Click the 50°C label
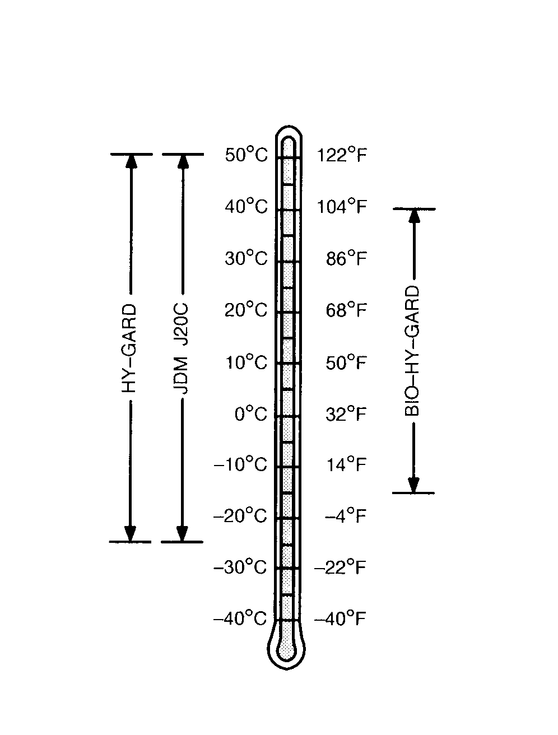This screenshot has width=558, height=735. [246, 155]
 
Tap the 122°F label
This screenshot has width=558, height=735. [342, 155]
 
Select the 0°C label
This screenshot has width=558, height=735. [250, 415]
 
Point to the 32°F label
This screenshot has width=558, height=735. [346, 415]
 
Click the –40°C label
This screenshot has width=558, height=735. [240, 619]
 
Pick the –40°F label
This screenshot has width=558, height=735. [340, 619]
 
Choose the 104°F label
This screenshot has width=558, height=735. [342, 207]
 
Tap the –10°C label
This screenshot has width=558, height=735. [240, 465]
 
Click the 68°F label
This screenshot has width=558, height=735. [346, 310]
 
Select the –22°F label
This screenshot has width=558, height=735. [340, 568]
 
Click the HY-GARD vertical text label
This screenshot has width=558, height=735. [129, 348]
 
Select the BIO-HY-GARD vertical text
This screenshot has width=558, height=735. [413, 351]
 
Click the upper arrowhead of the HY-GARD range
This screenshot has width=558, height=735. [131, 161]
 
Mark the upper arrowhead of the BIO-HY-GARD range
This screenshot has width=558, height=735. [414, 216]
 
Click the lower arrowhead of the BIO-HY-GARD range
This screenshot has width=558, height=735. [414, 485]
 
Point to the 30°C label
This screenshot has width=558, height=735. [246, 259]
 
